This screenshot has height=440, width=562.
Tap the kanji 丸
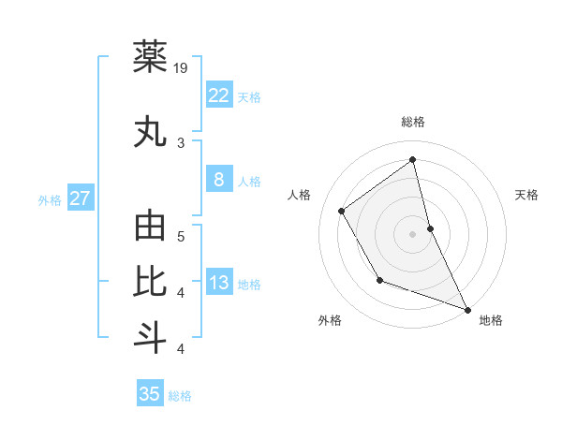(150, 132)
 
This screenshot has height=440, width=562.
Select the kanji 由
(150, 227)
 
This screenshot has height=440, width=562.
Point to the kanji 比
(150, 282)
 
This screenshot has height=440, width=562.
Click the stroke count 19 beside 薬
(181, 68)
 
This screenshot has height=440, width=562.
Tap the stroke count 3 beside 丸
(181, 143)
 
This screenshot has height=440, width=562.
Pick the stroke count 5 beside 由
(181, 237)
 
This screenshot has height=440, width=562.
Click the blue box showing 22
(218, 95)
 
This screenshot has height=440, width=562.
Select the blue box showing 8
(218, 181)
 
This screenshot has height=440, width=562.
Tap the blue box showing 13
(218, 283)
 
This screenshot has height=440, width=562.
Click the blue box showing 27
(80, 198)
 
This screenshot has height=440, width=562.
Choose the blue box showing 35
(150, 394)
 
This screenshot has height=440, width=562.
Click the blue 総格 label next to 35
(180, 396)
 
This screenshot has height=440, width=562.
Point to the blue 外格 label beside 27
(50, 199)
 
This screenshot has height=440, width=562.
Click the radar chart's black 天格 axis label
(526, 195)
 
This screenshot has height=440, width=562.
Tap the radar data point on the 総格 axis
(412, 159)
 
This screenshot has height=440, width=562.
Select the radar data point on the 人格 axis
(342, 212)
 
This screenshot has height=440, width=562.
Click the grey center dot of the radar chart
(412, 233)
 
